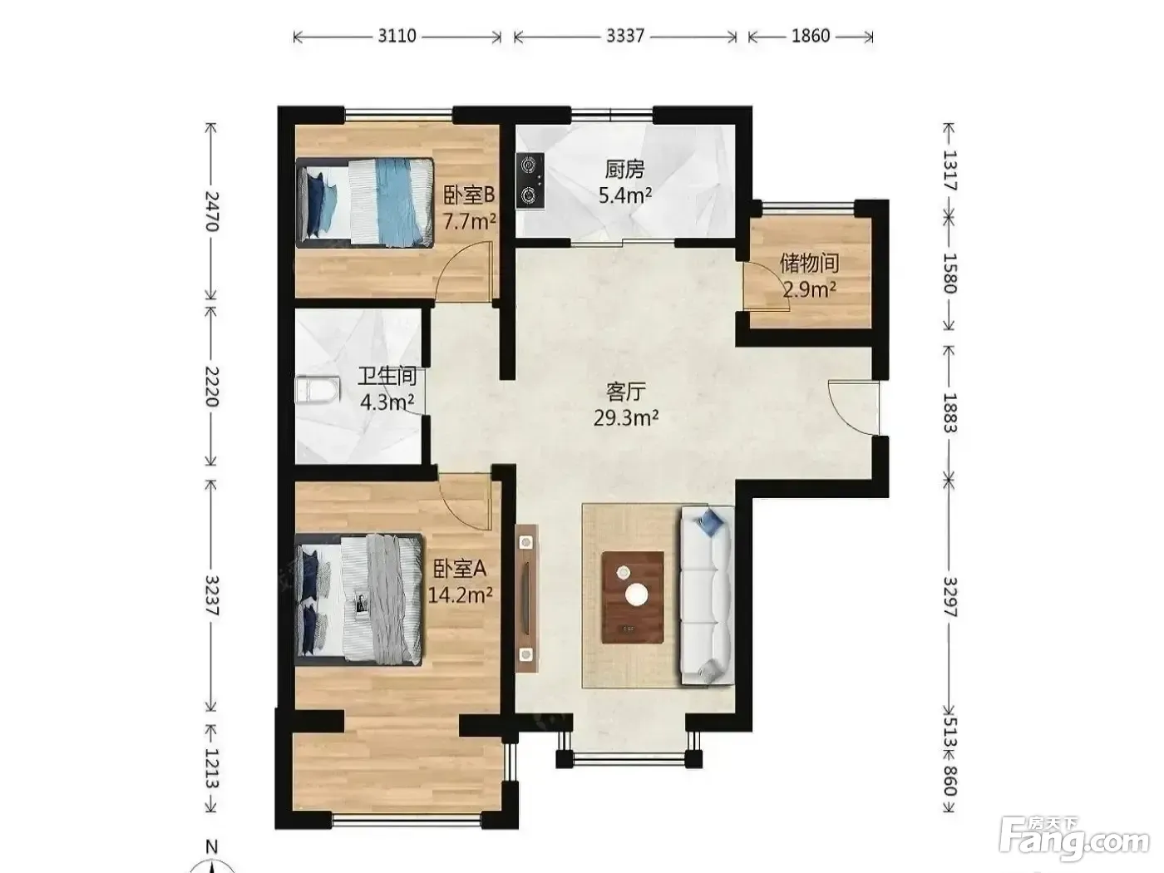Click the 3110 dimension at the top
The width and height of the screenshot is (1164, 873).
click(397, 36)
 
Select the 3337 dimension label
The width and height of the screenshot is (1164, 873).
click(625, 36)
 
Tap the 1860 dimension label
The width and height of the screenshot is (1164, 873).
click(811, 36)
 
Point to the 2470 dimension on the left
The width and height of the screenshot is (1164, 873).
click(211, 211)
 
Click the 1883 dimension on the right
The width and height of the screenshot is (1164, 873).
click(949, 413)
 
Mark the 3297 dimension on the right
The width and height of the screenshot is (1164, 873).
click(949, 597)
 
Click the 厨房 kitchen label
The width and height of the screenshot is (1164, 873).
click(624, 170)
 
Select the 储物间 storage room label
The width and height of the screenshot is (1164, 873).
click(809, 264)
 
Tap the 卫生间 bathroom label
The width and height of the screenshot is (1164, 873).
click(387, 377)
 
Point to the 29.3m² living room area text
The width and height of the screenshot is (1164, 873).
click(626, 419)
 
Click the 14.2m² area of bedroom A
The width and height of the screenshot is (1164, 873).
click(461, 595)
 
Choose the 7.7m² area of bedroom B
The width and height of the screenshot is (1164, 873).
click(469, 221)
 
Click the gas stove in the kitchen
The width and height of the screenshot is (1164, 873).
click(530, 180)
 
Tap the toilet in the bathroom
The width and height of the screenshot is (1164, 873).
click(317, 391)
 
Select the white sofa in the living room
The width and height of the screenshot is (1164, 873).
click(707, 595)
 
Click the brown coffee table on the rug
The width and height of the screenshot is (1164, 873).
click(633, 597)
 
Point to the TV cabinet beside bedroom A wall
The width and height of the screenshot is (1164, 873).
click(526, 599)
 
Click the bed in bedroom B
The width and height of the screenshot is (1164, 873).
click(365, 203)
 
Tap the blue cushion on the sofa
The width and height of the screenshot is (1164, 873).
click(710, 521)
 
